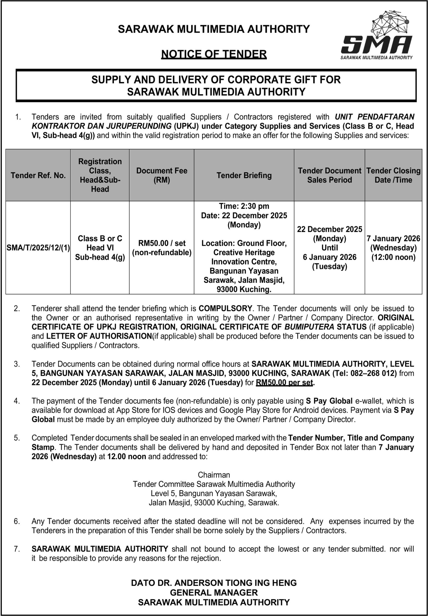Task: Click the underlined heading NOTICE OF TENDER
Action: pyautogui.click(x=214, y=54)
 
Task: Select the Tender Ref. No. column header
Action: pyautogui.click(x=38, y=175)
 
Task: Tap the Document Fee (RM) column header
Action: pyautogui.click(x=161, y=175)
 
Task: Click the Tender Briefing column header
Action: pyautogui.click(x=244, y=175)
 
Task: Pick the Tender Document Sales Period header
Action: pyautogui.click(x=329, y=175)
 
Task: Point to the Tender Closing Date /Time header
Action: pyautogui.click(x=393, y=175)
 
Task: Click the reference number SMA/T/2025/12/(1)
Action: pyautogui.click(x=38, y=248)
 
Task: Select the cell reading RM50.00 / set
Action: pyautogui.click(x=161, y=243)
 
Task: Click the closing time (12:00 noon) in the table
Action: pyautogui.click(x=393, y=257)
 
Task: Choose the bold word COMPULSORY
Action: pyautogui.click(x=225, y=308)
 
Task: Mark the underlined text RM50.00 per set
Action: pyautogui.click(x=284, y=382)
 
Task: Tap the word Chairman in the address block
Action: pyautogui.click(x=214, y=475)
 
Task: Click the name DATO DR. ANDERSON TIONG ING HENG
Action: pyautogui.click(x=214, y=583)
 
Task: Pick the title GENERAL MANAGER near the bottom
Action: pyautogui.click(x=214, y=592)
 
